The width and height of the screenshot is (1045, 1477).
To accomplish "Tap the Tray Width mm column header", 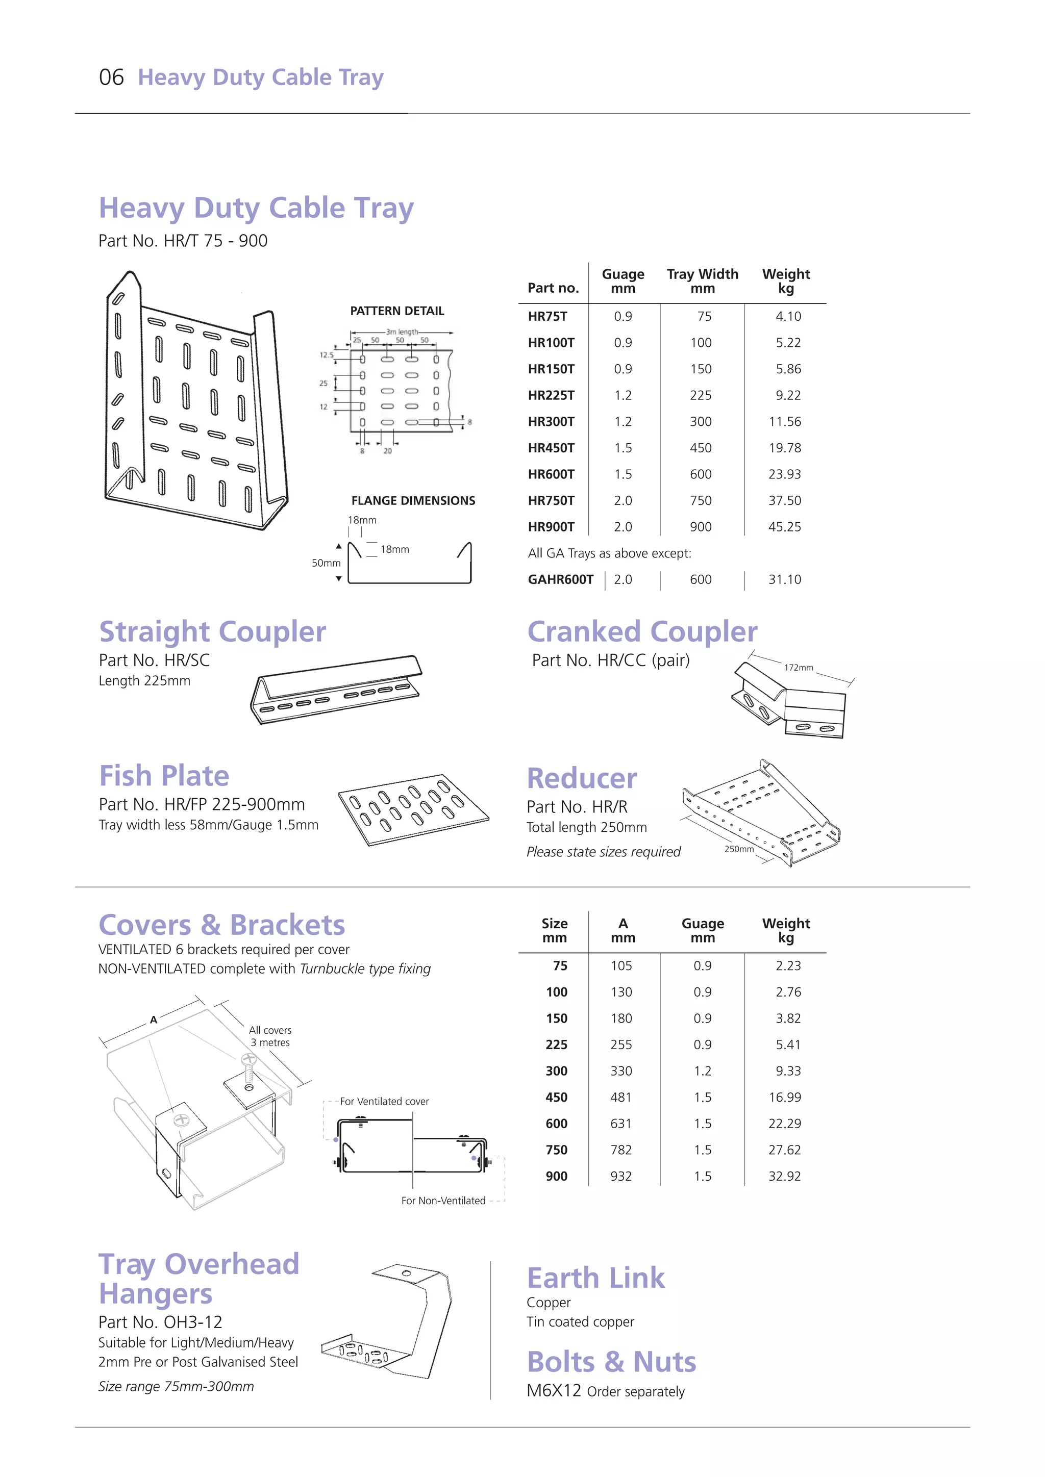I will point(702,281).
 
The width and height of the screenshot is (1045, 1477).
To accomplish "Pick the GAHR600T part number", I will point(560,579).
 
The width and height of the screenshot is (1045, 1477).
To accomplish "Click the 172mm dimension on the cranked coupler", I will point(798,668).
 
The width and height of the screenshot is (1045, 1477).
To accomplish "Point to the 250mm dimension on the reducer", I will point(739,849).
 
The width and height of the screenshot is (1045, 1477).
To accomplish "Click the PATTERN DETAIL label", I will point(397,311).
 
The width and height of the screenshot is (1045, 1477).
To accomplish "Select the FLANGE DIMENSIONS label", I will point(413,500).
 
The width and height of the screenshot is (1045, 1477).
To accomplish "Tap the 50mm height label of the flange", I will point(326,563).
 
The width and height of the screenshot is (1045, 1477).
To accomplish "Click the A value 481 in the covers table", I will point(621,1098).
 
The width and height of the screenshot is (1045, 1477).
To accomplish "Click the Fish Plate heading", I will point(164,776).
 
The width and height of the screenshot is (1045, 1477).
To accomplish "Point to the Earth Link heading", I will point(596,1278).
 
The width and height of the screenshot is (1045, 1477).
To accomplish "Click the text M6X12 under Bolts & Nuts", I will point(554,1391).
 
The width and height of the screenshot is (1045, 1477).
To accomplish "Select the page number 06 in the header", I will point(111,77).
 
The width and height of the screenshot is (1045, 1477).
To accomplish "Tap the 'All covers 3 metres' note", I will point(270,1036).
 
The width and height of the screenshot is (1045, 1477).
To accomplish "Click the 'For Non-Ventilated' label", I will point(443,1201).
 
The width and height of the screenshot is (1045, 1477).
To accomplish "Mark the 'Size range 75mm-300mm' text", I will point(177,1386).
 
